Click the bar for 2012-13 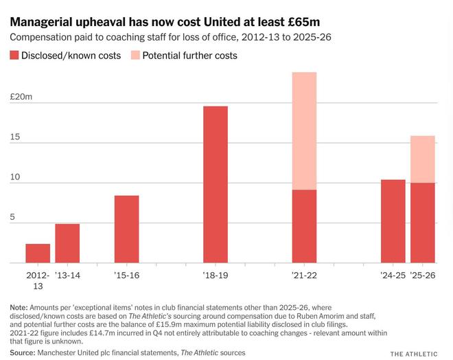pos(38,254)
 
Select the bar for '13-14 pos(67,243)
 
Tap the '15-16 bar pos(126,229)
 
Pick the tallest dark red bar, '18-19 pos(216,184)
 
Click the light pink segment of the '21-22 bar pos(304,131)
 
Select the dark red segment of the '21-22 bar pos(304,226)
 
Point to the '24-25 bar pos(393,221)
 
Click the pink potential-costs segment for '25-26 pos(423,159)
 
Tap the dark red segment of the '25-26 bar pos(423,223)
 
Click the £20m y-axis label pos(21,97)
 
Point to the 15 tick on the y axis pos(15,137)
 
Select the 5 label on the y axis pos(12,217)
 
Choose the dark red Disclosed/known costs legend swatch pos(15,55)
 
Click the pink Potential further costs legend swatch pos(135,55)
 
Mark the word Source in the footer pos(23,352)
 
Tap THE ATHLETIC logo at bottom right pos(414,353)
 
